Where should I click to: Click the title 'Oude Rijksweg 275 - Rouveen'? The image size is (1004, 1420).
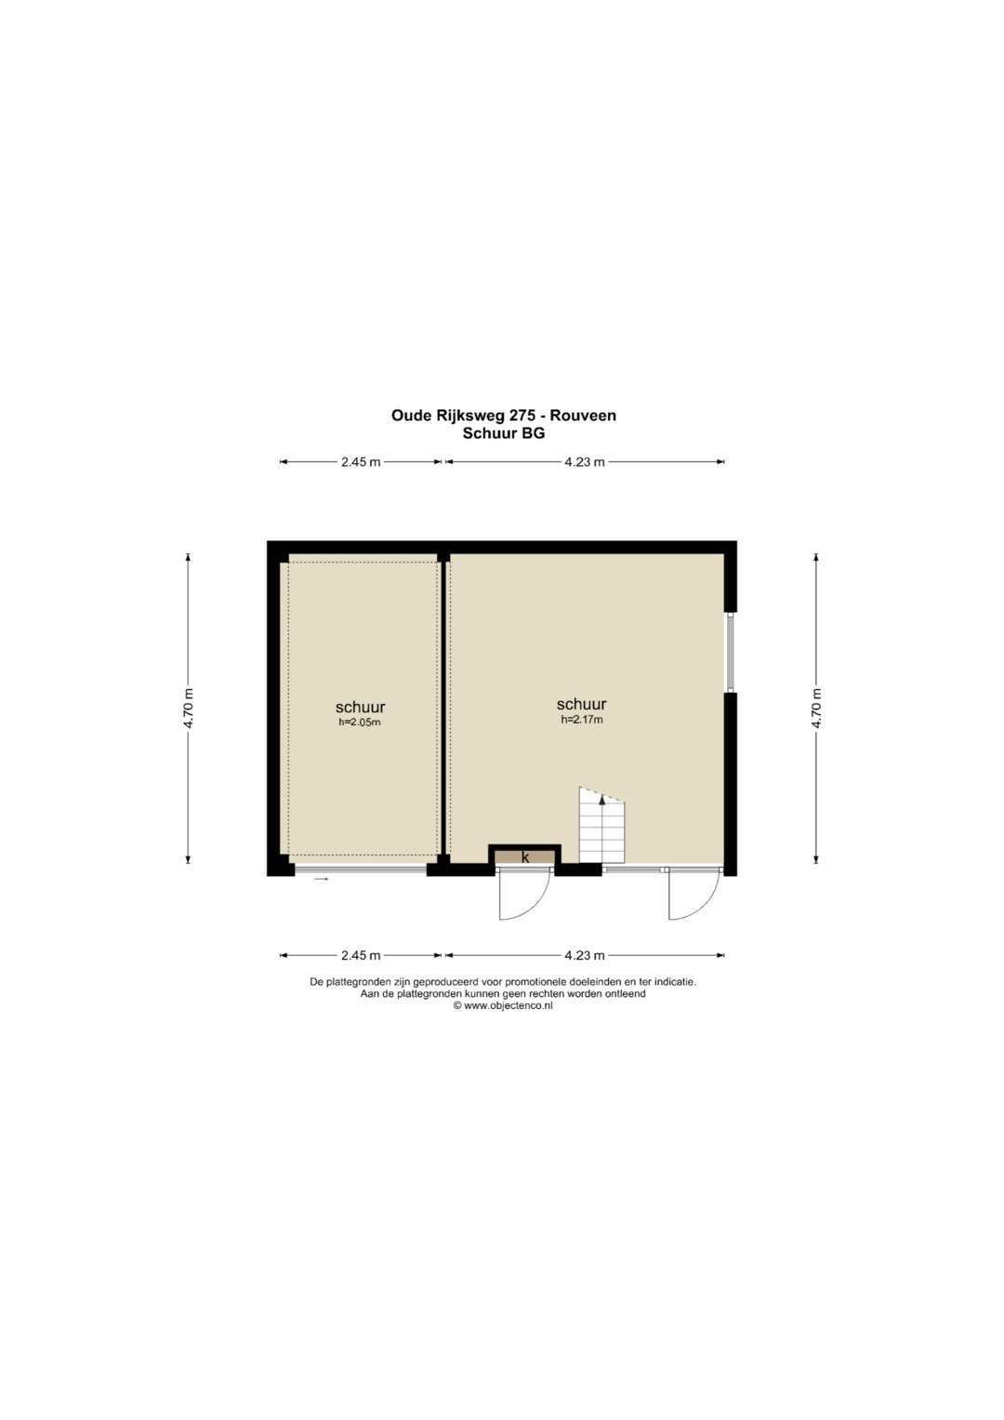point(503,416)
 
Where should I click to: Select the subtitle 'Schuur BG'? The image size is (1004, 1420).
point(503,434)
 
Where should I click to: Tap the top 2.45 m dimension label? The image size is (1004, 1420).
point(361,462)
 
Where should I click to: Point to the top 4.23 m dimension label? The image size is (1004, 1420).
point(585,462)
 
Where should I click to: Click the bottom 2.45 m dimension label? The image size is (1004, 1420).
point(361,955)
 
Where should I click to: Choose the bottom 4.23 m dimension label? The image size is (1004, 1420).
point(585,955)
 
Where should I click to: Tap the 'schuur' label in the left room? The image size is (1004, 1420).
point(360,708)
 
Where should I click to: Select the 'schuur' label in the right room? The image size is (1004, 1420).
point(581,704)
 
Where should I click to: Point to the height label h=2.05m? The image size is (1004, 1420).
point(360,722)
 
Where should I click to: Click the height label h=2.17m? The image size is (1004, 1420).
point(581,720)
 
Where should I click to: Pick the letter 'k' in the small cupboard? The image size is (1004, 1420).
point(525,857)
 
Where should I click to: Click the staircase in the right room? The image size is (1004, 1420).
point(601,825)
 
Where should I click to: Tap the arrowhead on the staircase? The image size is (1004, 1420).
point(601,800)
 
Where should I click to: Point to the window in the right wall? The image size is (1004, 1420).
point(730,652)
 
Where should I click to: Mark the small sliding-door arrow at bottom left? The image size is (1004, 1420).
point(322,880)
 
